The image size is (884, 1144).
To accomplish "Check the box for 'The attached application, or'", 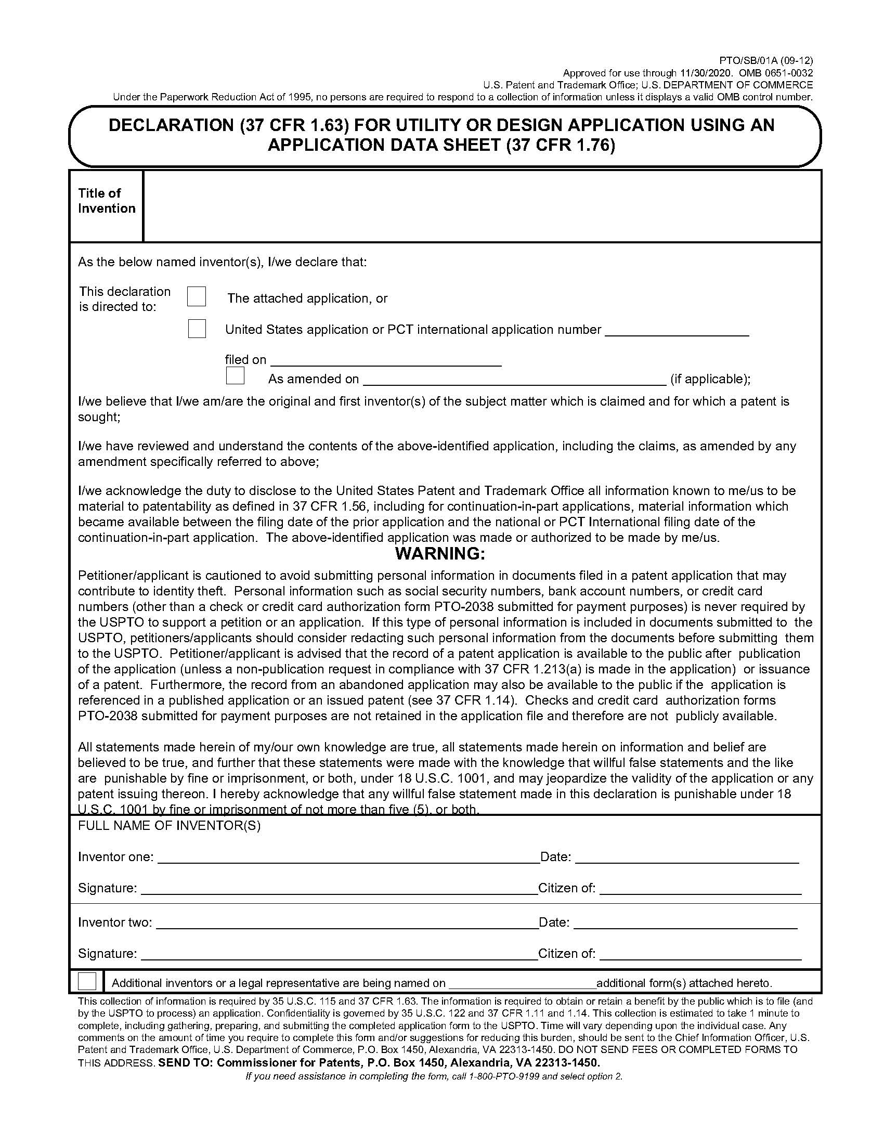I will tap(197, 296).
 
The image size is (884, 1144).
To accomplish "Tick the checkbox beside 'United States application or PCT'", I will tap(197, 329).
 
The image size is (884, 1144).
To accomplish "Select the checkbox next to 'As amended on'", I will tap(235, 375).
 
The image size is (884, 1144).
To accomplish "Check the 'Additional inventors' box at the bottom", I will tap(87, 981).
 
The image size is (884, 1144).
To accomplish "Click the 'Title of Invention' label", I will tap(106, 201).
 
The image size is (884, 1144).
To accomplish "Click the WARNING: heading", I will tap(440, 553).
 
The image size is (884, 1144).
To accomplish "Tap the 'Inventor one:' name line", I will tap(348, 857).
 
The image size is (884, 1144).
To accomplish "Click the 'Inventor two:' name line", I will tap(347, 923).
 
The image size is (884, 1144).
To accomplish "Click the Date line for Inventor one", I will tap(686, 857).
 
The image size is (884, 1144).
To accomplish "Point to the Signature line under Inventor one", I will tap(340, 889).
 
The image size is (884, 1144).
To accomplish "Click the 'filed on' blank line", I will tap(386, 361).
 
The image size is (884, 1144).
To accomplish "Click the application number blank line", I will tap(677, 331).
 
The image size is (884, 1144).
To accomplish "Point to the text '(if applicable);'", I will tap(710, 379).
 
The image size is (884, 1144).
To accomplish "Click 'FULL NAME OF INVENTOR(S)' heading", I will tap(169, 826).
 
